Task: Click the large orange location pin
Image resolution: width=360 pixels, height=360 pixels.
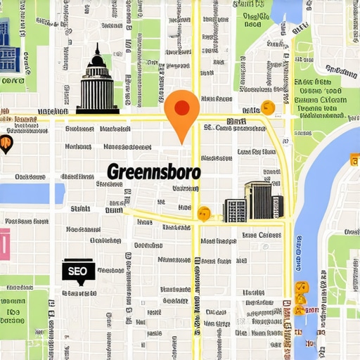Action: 181,112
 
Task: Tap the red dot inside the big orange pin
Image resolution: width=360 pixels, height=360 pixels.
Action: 181,108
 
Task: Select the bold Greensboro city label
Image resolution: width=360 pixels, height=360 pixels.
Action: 154,172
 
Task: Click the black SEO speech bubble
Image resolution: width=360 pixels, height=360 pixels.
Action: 78,270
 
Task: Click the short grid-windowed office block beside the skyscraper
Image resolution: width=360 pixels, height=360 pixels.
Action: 235,210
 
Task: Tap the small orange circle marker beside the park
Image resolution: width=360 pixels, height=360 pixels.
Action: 267,108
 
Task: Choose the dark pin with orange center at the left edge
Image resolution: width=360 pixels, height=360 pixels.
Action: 6,145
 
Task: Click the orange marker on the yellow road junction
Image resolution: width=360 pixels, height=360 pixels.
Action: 204,213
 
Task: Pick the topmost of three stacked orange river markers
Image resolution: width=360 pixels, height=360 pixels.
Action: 301,287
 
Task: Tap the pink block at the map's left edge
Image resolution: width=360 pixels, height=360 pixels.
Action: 4,243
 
